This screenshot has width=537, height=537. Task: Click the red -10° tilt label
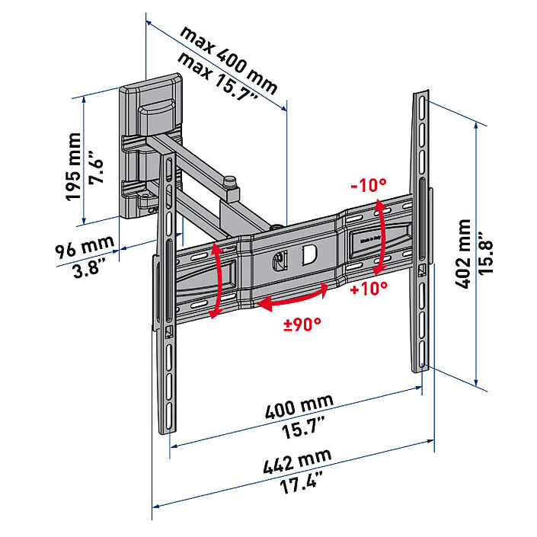[369, 185]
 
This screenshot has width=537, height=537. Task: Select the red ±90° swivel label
[302, 323]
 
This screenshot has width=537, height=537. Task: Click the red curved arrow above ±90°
[293, 299]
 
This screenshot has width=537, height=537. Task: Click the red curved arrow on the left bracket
[219, 280]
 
